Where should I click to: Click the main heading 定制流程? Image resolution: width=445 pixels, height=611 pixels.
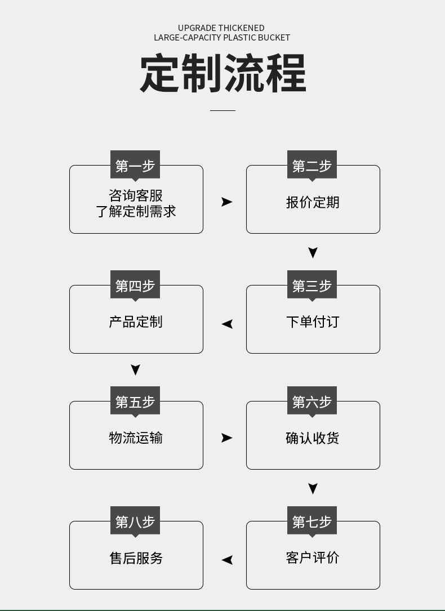pos(222,73)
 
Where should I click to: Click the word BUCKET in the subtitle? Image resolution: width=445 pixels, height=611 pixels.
pos(274,38)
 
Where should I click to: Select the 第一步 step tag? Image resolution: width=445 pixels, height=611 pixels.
pos(135,166)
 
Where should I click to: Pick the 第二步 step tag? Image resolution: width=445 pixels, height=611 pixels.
pos(312,166)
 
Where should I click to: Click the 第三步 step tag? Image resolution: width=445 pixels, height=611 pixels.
pos(312,286)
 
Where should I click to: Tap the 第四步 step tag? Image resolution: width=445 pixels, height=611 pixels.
pos(135,286)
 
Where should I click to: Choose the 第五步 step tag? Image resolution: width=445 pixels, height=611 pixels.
pos(135,402)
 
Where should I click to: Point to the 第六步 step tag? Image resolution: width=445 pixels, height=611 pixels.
pos(312,402)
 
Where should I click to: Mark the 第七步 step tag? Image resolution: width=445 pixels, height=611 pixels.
pos(312,521)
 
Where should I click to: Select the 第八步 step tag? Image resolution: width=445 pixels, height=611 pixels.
pos(135,521)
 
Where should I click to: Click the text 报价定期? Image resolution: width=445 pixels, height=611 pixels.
pos(313,202)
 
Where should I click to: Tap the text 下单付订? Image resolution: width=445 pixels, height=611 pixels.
pos(313,322)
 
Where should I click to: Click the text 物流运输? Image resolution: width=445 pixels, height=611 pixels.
pos(136,438)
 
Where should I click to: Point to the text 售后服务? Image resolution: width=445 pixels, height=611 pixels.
pos(136,558)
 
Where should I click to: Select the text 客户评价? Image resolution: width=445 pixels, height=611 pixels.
pos(313,558)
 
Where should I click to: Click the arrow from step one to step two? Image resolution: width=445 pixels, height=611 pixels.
pos(226,202)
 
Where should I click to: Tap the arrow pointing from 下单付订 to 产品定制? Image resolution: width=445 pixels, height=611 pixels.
pos(227,324)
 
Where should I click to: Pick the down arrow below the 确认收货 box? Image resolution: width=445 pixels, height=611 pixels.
pos(313,488)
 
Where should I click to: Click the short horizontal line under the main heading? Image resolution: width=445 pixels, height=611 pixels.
pos(222,110)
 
